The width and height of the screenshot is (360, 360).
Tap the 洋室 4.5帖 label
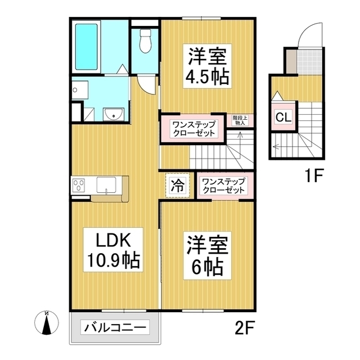point(208,66)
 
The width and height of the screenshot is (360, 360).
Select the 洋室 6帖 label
point(207,256)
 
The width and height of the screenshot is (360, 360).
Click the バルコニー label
point(116,327)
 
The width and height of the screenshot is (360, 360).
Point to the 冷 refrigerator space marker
point(176,186)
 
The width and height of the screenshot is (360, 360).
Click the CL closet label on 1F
point(282,118)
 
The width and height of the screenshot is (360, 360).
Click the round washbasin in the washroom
point(114,115)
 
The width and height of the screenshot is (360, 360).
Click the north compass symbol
point(47,325)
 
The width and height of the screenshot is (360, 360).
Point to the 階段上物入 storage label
point(238,120)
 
